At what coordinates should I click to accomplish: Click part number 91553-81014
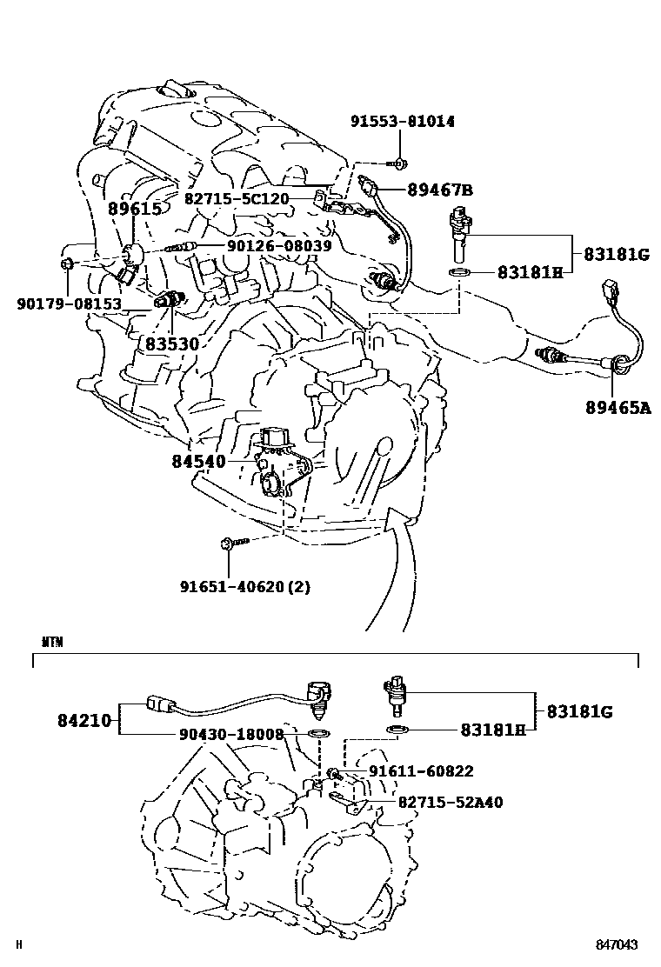pyautogui.click(x=402, y=122)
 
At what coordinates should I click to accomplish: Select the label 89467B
pyautogui.click(x=440, y=190)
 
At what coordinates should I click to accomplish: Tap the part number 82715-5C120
pyautogui.click(x=236, y=198)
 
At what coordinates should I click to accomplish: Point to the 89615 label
pyautogui.click(x=135, y=209)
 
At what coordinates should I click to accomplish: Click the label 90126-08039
pyautogui.click(x=279, y=246)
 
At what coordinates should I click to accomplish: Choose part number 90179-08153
pyautogui.click(x=69, y=303)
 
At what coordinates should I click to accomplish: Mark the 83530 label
pyautogui.click(x=172, y=344)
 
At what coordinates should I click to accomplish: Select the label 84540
pyautogui.click(x=198, y=461)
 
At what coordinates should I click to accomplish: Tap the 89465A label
pyautogui.click(x=618, y=405)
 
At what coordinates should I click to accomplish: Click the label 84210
pyautogui.click(x=85, y=720)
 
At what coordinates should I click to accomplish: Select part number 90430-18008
pyautogui.click(x=233, y=735)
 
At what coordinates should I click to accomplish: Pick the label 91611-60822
pyautogui.click(x=421, y=770)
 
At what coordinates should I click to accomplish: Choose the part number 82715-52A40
pyautogui.click(x=450, y=802)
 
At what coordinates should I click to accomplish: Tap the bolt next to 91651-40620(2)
pyautogui.click(x=233, y=544)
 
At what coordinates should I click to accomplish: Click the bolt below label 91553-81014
pyautogui.click(x=398, y=163)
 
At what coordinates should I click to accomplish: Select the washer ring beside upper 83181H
pyautogui.click(x=461, y=272)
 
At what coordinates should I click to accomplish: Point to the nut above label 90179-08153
pyautogui.click(x=67, y=263)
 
